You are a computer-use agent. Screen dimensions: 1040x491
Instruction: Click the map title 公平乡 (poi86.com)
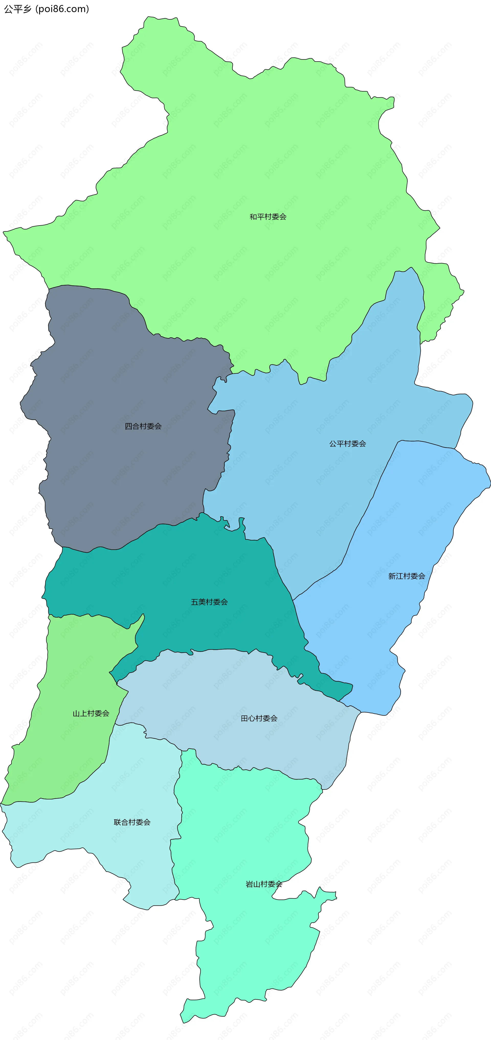(x=47, y=9)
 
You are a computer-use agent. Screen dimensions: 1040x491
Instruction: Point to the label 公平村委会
(x=348, y=444)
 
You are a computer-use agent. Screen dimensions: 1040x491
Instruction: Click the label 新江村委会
(x=407, y=576)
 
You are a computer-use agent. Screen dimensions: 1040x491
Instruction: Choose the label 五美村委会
(x=209, y=602)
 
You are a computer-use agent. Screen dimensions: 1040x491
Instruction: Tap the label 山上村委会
(x=91, y=713)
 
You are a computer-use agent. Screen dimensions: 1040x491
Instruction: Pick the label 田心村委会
(x=259, y=718)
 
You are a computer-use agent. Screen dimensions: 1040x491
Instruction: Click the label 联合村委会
(x=132, y=822)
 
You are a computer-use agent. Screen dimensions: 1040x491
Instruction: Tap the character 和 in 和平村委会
(x=253, y=217)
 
